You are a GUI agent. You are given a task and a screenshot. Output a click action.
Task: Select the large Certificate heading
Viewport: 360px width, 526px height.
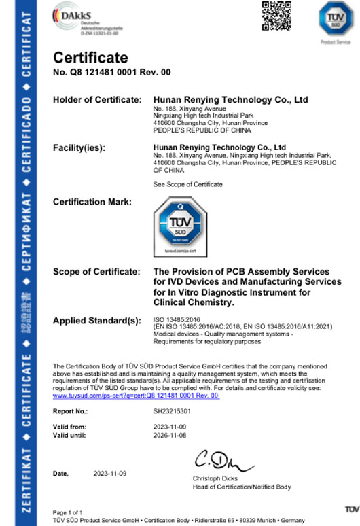pyautogui.click(x=90, y=58)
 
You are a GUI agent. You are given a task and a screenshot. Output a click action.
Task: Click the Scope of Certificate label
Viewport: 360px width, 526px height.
pyautogui.click(x=96, y=272)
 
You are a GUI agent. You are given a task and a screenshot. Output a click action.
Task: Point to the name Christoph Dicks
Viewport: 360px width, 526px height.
pyautogui.click(x=215, y=480)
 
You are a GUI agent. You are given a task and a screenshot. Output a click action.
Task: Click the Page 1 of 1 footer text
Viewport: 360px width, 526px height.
pyautogui.click(x=68, y=512)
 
